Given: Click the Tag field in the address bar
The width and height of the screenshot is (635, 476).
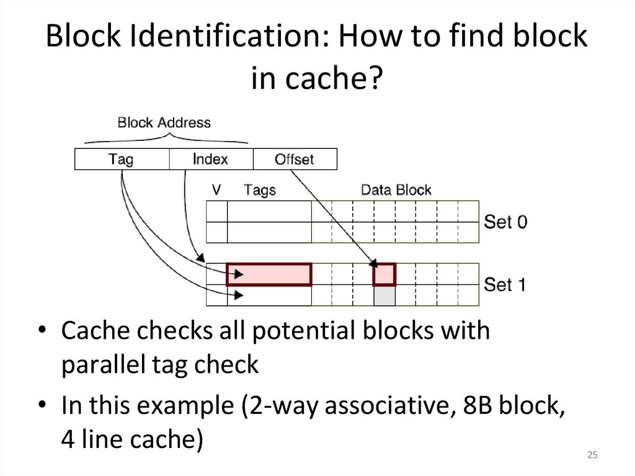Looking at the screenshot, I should click(x=122, y=159).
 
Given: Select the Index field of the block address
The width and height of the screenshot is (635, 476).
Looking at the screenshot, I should click(x=211, y=159).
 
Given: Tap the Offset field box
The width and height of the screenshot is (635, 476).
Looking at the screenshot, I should click(x=295, y=159).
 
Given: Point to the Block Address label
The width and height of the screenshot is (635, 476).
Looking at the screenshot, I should click(x=164, y=122).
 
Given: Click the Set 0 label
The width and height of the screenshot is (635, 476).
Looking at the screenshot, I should click(x=505, y=222).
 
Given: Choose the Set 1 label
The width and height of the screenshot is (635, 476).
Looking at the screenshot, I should click(x=505, y=285).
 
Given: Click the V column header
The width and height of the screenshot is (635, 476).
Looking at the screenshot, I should click(x=216, y=189).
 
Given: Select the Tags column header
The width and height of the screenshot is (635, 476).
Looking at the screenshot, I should click(x=260, y=189).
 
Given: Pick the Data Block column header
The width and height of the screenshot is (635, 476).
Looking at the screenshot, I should click(x=396, y=189).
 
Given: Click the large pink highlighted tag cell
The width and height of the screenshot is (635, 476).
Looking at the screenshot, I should click(x=269, y=274).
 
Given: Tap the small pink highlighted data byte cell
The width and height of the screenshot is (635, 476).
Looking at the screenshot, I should click(x=384, y=274).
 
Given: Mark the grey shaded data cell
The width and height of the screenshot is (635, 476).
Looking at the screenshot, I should click(x=384, y=295).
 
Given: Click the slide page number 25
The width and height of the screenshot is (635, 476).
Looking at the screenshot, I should click(x=592, y=456).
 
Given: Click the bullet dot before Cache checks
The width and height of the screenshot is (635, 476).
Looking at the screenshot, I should click(x=41, y=331).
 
